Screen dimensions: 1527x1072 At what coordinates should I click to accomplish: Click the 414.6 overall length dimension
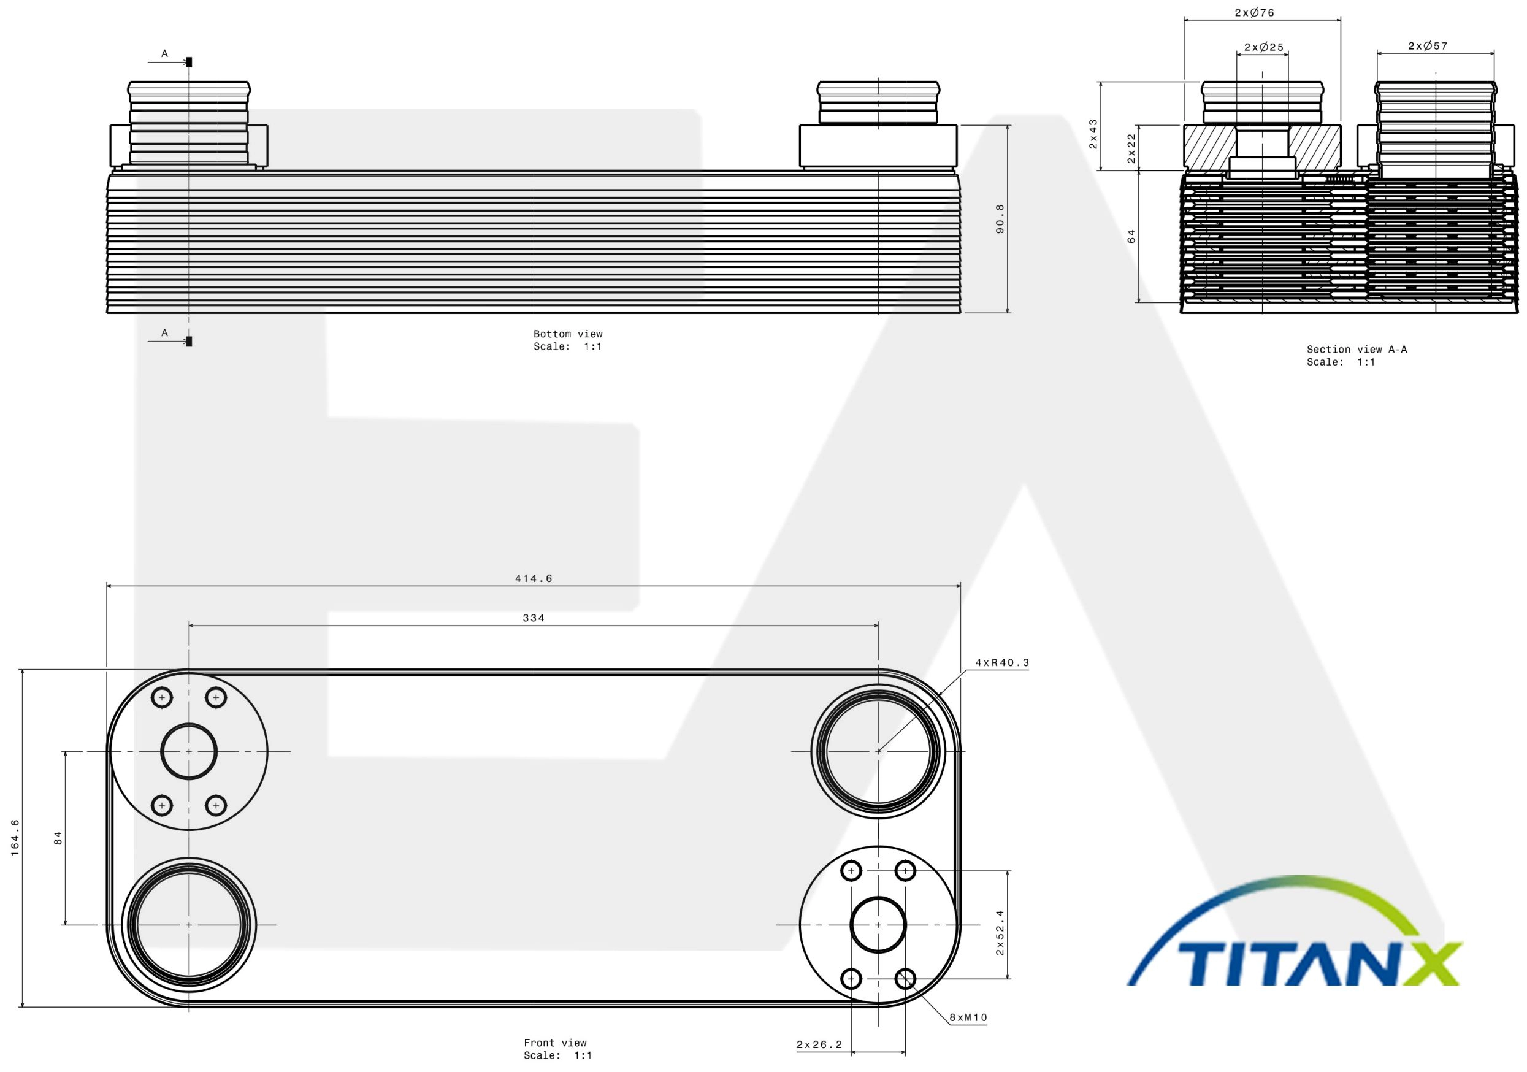coord(534,578)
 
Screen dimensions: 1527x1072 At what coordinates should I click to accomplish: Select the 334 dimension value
coord(534,618)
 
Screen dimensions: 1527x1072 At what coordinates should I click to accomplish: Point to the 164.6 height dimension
coord(15,837)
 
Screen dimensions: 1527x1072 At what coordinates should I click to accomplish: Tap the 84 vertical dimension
coord(58,838)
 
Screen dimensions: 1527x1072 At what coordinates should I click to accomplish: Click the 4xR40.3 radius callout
coord(1002,662)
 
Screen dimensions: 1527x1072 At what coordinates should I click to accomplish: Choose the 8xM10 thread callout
coord(968,1017)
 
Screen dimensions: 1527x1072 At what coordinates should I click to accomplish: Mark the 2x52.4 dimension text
coord(1000,932)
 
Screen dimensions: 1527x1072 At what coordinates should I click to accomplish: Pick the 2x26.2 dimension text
coord(819,1045)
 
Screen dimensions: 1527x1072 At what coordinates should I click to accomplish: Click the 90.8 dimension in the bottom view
coord(1000,219)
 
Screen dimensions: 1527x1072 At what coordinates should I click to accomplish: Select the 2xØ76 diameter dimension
coord(1254,13)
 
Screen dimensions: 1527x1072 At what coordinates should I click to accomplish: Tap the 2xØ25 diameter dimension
coord(1264,47)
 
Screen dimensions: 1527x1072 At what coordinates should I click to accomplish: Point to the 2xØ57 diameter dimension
coord(1428,46)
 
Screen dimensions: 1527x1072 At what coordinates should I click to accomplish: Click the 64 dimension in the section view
coord(1131,236)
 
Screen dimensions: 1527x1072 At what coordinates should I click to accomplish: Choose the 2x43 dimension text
coord(1093,134)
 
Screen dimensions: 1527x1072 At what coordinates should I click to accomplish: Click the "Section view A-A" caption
coord(1357,349)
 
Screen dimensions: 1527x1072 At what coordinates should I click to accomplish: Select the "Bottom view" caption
coord(568,334)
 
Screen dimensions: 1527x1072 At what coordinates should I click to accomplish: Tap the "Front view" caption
coord(556,1043)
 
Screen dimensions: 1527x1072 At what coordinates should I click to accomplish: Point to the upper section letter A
coord(164,53)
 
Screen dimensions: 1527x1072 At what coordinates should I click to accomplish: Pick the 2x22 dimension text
coord(1131,148)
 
